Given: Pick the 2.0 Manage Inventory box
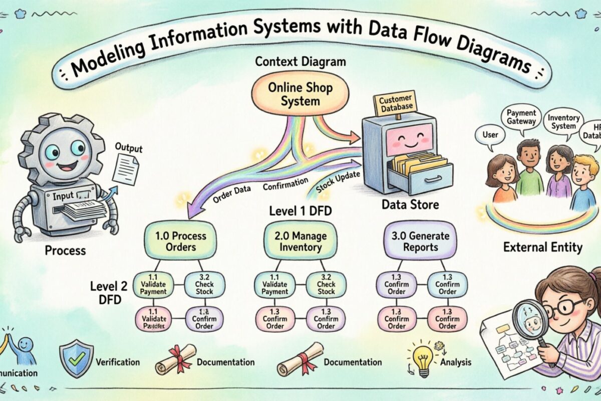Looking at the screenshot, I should (295, 241).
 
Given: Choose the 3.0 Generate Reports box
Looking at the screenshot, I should (420, 241).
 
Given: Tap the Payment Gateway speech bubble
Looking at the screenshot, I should (521, 117).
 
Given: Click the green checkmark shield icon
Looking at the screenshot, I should (76, 358).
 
